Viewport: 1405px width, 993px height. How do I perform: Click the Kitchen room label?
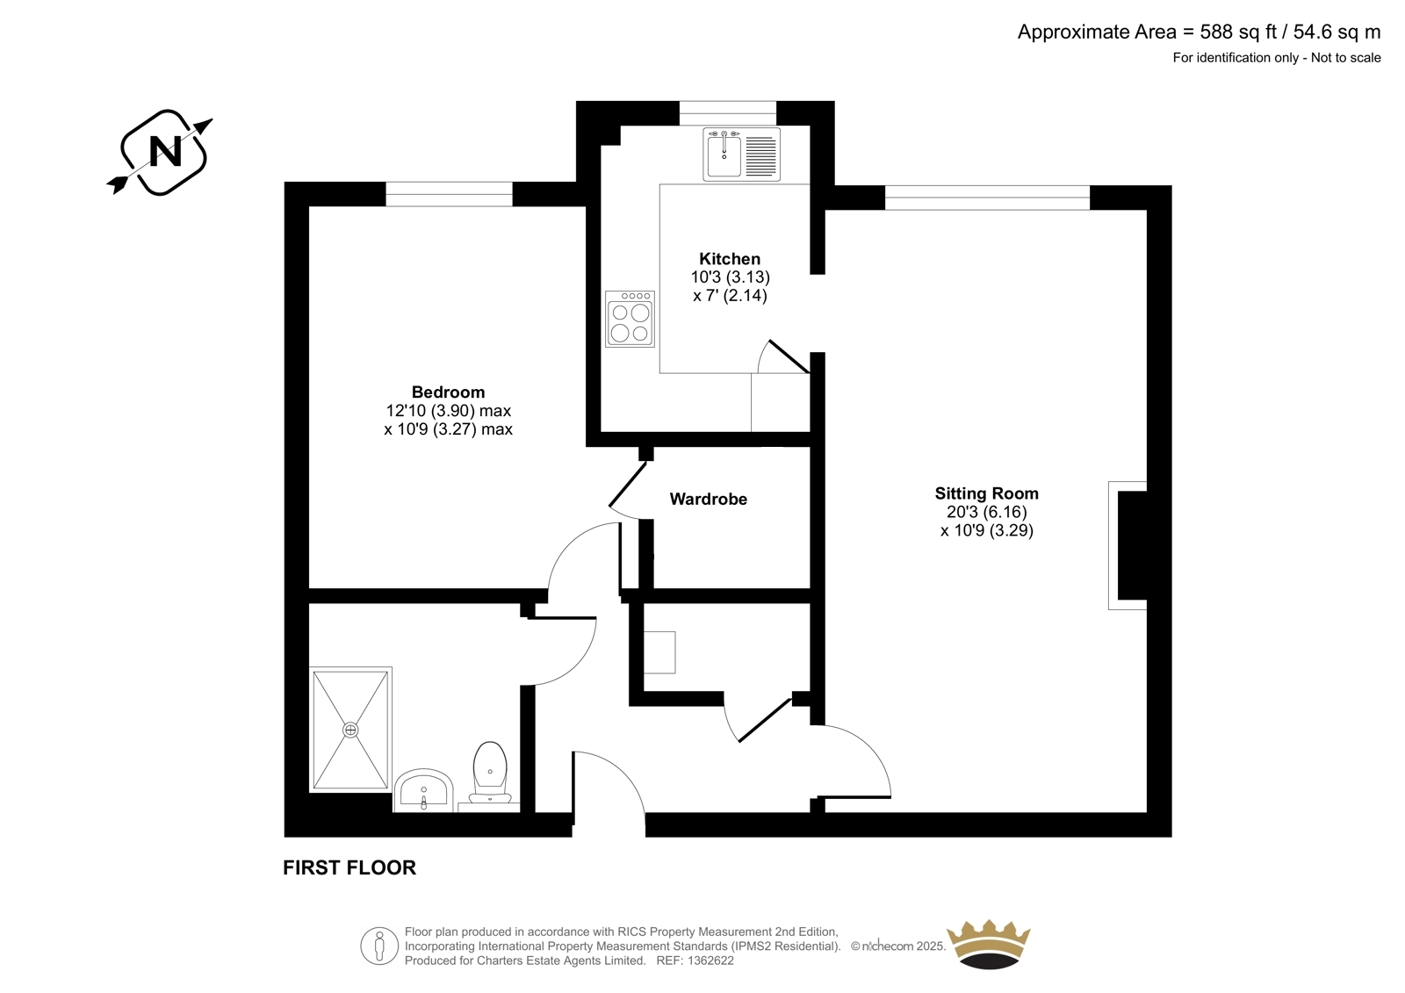[730, 258]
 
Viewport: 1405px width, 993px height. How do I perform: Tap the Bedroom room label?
[448, 392]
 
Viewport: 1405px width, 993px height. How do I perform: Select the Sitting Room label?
[987, 493]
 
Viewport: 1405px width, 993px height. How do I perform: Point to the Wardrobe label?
[708, 500]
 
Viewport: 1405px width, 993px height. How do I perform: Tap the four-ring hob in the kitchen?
[630, 319]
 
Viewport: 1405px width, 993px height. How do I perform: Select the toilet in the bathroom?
[490, 773]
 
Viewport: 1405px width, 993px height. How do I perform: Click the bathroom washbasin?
[423, 790]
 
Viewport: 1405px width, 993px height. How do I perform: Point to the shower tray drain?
[350, 730]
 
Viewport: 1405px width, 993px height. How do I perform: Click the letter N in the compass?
[166, 151]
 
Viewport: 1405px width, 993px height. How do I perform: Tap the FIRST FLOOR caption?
[349, 867]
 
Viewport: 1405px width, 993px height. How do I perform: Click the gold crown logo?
[989, 944]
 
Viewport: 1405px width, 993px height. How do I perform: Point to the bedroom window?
[449, 194]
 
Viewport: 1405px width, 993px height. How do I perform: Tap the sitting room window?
[987, 198]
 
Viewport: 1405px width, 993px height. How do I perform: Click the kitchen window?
[728, 113]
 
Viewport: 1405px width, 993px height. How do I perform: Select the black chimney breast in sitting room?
[1133, 545]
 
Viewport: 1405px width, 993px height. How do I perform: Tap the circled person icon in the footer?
[379, 946]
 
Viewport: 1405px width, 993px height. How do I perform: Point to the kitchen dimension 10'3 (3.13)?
[730, 277]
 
